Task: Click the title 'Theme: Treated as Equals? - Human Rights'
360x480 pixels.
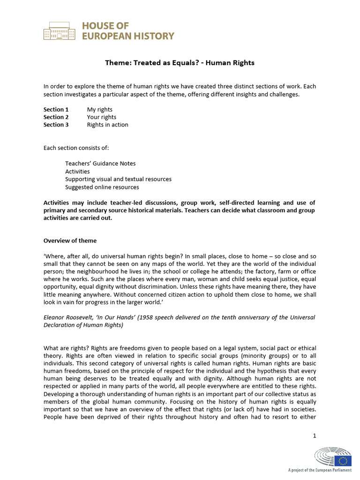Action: (x=180, y=62)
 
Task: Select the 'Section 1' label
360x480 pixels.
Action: (x=56, y=110)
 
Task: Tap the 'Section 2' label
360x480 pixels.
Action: (x=56, y=117)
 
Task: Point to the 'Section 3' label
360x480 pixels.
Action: (x=56, y=125)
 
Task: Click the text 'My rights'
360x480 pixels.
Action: (x=100, y=110)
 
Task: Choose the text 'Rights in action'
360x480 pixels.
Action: (x=107, y=125)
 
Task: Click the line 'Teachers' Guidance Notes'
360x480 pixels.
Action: (x=100, y=164)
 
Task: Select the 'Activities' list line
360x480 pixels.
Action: (x=77, y=172)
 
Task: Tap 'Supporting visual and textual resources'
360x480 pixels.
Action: (x=118, y=179)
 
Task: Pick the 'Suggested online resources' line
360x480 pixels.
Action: (x=102, y=187)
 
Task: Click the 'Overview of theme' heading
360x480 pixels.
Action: (x=70, y=241)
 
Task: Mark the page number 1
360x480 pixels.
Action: (x=315, y=436)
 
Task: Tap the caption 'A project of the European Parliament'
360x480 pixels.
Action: (x=320, y=470)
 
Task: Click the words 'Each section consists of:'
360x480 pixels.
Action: (x=76, y=148)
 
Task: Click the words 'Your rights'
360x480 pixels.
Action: (x=102, y=117)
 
